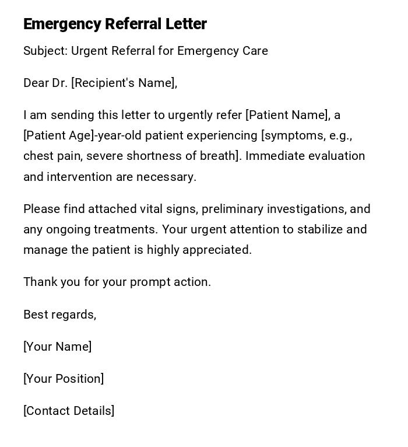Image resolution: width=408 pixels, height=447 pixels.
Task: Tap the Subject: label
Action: (45, 51)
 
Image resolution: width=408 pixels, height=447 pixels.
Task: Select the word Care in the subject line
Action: (255, 51)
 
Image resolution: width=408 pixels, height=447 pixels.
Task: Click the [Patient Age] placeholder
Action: (58, 135)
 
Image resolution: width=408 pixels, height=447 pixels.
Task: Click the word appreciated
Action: (217, 250)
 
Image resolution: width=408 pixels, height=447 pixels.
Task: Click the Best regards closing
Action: (59, 315)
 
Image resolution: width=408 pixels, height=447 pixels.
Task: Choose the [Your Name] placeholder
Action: (57, 347)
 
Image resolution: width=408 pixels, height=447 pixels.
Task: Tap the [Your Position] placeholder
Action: (64, 379)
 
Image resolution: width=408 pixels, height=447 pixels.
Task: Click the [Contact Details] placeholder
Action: (69, 411)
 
